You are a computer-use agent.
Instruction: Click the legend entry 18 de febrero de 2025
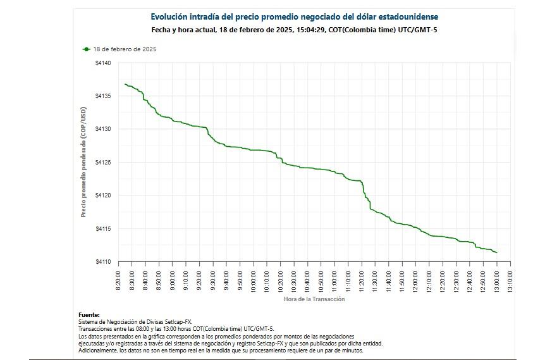pos(125,49)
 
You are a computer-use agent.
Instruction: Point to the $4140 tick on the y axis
pos(103,63)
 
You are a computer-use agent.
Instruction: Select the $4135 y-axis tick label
pos(103,96)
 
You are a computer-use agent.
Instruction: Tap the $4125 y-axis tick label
pos(103,163)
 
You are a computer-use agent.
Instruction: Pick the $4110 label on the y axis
pos(103,262)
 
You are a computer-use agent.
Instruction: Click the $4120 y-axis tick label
pos(103,196)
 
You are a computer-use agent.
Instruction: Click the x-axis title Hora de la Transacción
pos(314,299)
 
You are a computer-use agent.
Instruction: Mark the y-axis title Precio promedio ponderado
pos(83,162)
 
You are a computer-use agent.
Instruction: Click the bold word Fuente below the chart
pos(89,314)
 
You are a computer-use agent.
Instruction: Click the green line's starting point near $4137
pos(125,84)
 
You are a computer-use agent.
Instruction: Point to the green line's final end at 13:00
pos(497,253)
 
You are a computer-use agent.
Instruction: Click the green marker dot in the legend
pos(86,49)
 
